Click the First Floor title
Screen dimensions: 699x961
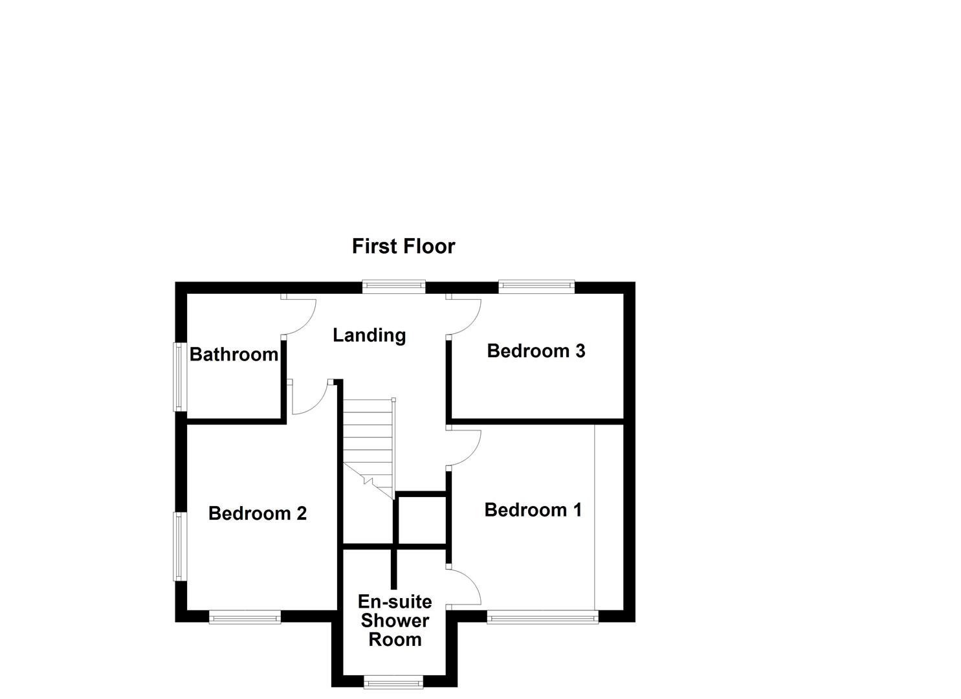tap(403, 246)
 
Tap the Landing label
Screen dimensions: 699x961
tap(369, 335)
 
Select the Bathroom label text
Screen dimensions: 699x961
tap(234, 355)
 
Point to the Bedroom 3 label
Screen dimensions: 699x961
tap(536, 351)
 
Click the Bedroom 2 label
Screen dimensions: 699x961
tap(257, 513)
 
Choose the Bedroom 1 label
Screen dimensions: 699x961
tap(533, 510)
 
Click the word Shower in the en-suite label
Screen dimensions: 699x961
tap(395, 621)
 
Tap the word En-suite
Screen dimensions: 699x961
tap(395, 602)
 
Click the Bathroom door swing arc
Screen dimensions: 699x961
tap(301, 319)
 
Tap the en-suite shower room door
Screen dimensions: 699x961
tap(466, 586)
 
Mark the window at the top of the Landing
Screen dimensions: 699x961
tap(393, 286)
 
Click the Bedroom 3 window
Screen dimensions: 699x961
tap(536, 286)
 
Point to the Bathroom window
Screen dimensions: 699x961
tap(179, 376)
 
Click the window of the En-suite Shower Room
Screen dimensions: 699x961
tap(393, 682)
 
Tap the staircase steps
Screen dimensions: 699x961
tap(368, 440)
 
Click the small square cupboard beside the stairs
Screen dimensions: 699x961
tap(421, 520)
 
